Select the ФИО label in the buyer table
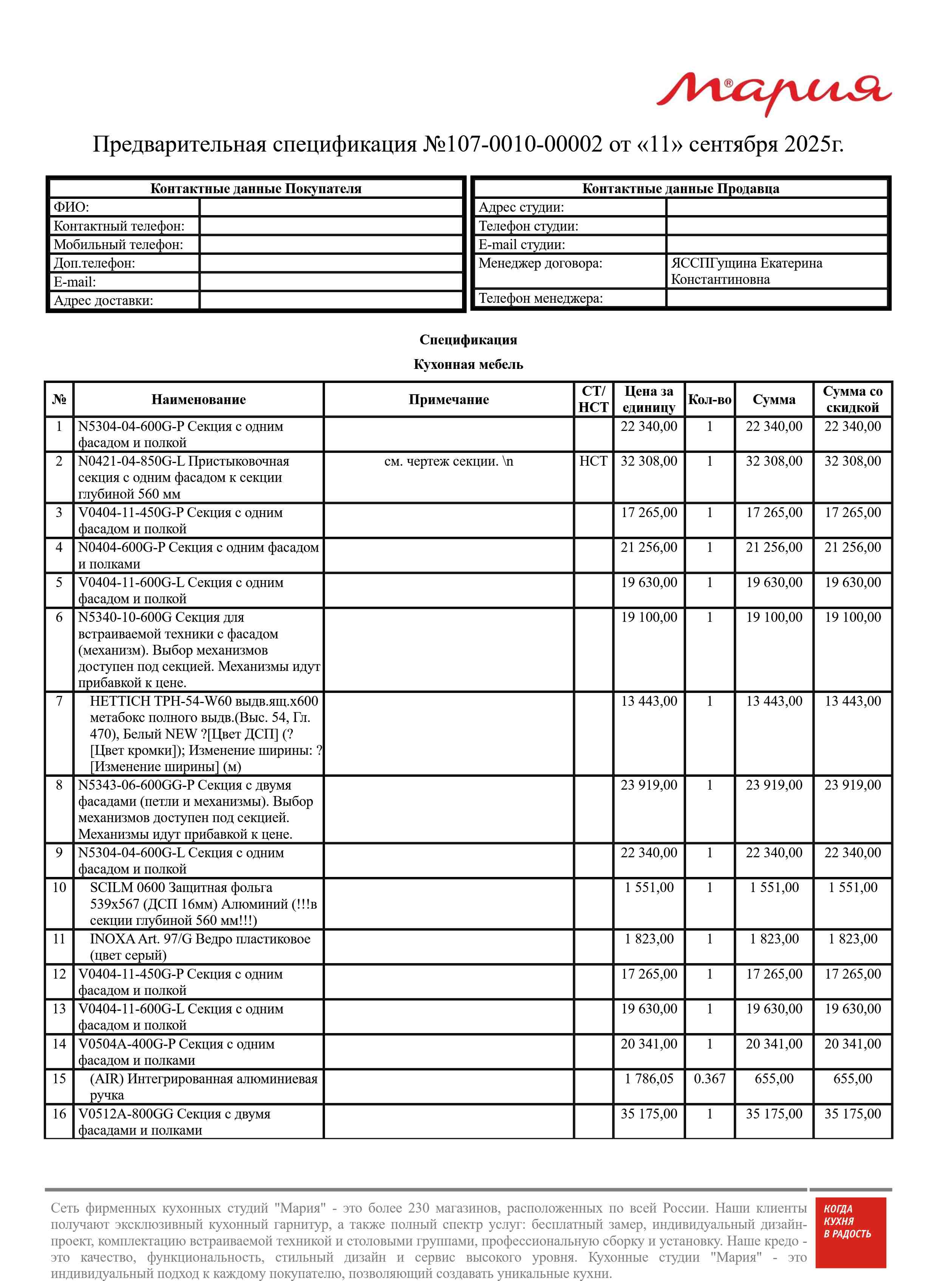pyautogui.click(x=71, y=207)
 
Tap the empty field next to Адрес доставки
pyautogui.click(x=331, y=301)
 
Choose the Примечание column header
pyautogui.click(x=448, y=400)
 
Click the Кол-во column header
pyautogui.click(x=710, y=400)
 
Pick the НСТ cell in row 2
pyautogui.click(x=593, y=461)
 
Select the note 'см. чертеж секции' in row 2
pyautogui.click(x=448, y=461)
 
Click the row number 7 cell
pyautogui.click(x=59, y=701)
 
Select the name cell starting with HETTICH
pyautogui.click(x=198, y=734)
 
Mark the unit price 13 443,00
pyautogui.click(x=649, y=701)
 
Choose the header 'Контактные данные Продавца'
pyautogui.click(x=680, y=189)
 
